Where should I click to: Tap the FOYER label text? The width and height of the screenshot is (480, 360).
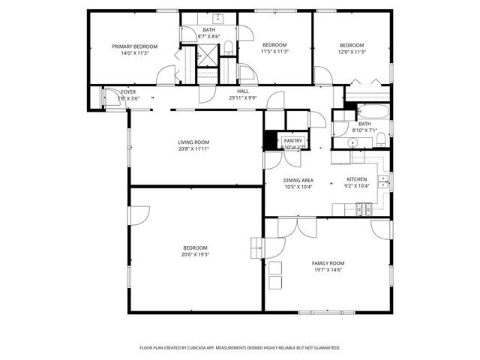point(128,91)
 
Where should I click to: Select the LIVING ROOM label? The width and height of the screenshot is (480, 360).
point(193,142)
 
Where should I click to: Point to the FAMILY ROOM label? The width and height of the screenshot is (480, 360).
point(328,263)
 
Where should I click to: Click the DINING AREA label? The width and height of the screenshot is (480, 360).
point(298,180)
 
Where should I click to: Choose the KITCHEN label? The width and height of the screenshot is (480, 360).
point(356,179)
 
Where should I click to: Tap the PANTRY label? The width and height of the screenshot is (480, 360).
point(292,140)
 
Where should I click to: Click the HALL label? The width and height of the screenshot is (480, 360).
point(243,91)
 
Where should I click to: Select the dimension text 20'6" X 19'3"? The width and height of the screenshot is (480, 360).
point(194,255)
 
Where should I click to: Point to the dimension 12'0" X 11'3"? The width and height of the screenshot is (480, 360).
point(351,52)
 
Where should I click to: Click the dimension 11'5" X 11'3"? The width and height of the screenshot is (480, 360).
point(275,52)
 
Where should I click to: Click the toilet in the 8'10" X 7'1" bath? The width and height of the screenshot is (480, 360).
point(380,138)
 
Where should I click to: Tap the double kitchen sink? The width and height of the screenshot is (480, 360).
point(383,181)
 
